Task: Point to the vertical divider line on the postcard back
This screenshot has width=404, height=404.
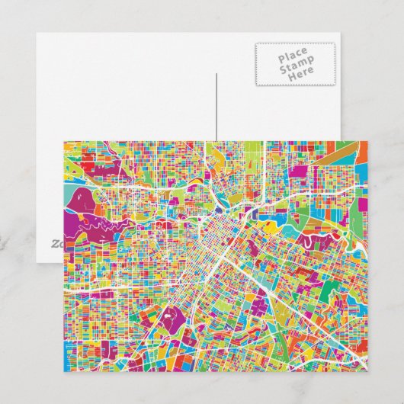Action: (216, 107)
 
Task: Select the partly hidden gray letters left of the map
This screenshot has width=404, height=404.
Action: (56, 245)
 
